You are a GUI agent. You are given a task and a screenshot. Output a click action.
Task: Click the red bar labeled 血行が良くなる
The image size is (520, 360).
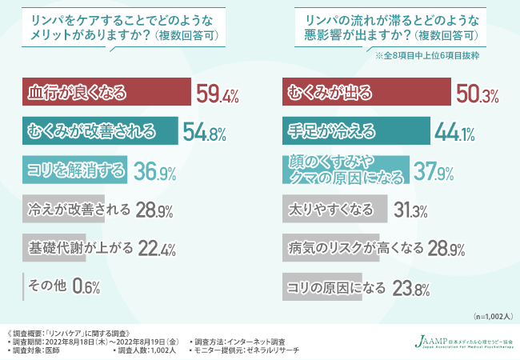pos(104,94)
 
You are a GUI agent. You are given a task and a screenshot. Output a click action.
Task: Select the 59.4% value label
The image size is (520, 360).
pos(218,95)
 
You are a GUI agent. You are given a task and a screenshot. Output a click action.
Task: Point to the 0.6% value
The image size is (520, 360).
pos(86,286)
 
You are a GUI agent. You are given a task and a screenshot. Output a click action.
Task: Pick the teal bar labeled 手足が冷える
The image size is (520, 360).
pos(357,131)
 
